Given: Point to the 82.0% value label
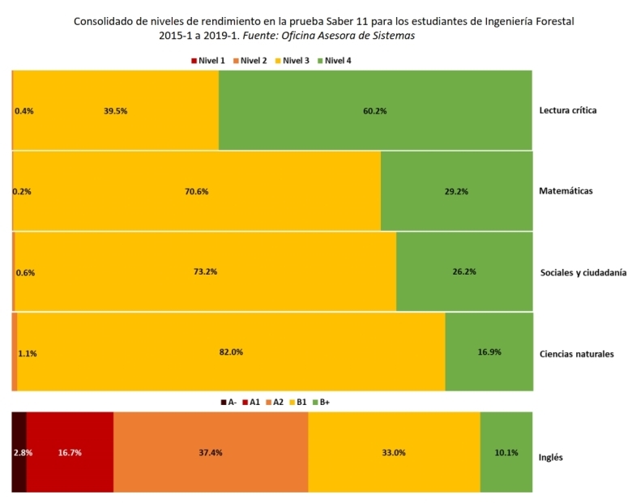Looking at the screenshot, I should [x=231, y=352].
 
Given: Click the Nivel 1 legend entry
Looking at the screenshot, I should [x=207, y=61].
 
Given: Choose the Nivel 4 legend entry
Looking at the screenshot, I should [x=333, y=61].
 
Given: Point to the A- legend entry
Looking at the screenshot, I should [x=228, y=402].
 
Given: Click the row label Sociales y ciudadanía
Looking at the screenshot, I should [x=583, y=273].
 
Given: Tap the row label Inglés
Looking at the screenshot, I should [x=551, y=457].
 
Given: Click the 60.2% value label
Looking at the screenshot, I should [x=375, y=111].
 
